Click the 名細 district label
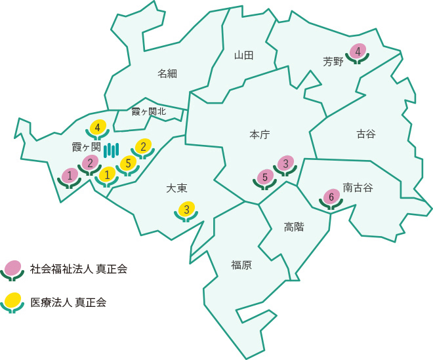pos(167,73)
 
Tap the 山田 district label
pos(243,55)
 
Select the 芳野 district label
pos(333,62)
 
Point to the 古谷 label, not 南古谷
pos(366,134)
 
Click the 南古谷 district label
pos(358,188)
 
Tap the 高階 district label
pos(294,227)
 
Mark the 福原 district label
pos(241,265)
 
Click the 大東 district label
pos(177,188)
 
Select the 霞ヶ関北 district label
pos(149,111)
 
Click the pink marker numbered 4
pos(358,50)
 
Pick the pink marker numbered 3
pos(285,163)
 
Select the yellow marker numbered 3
pos(187,210)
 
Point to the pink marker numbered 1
pos(70,175)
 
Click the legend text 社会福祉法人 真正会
pos(79,268)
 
